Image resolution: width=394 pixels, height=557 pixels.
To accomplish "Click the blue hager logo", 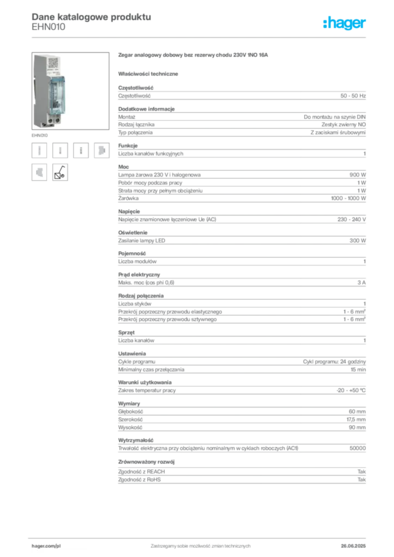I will point(345,23).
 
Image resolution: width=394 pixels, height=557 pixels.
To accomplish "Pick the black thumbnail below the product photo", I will point(59,171).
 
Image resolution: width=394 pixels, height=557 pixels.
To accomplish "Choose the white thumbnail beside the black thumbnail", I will point(39,171).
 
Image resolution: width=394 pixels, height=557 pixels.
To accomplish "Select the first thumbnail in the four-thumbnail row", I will point(39,151).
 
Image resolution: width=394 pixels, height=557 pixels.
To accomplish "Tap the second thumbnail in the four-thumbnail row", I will point(60,151).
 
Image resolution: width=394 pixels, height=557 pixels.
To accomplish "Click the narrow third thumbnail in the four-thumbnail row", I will point(81,151).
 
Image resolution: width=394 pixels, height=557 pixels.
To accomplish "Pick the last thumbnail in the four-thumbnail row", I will point(101,151).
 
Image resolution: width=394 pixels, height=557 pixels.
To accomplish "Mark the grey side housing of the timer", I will point(39,90).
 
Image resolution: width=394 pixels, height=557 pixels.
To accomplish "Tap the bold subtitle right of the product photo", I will point(194,55).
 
